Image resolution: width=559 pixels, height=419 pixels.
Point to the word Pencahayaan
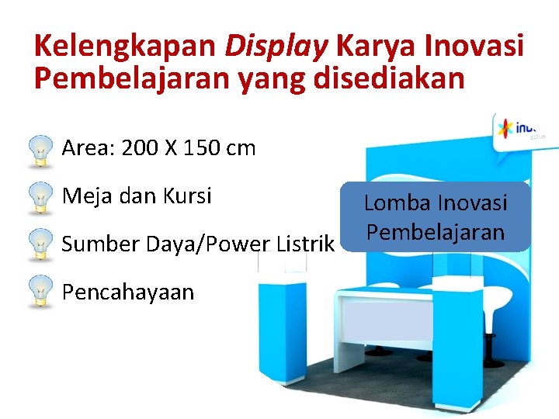[128, 292]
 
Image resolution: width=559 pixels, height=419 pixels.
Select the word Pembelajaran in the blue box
[436, 232]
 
